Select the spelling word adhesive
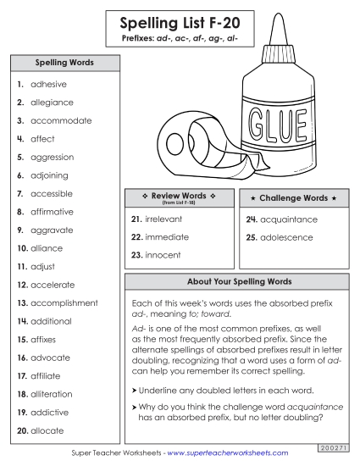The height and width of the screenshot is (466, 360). click(x=48, y=85)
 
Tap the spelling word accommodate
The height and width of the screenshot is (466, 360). click(x=61, y=121)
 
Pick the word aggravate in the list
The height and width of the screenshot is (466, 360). click(x=52, y=230)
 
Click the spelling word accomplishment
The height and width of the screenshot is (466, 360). click(x=64, y=303)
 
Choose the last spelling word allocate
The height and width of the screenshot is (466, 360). click(x=47, y=431)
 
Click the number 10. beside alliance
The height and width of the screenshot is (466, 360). click(x=22, y=249)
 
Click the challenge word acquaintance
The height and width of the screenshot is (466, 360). click(x=287, y=219)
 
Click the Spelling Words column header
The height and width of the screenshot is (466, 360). click(x=64, y=63)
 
